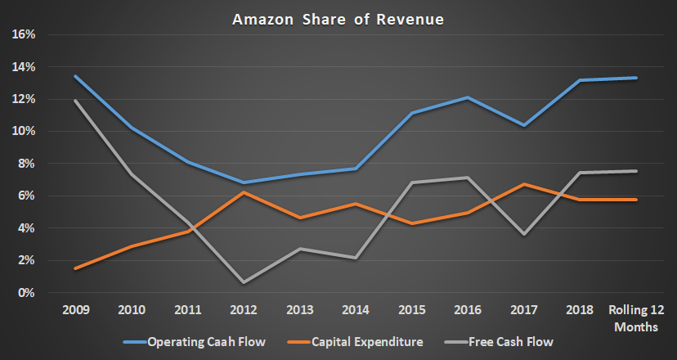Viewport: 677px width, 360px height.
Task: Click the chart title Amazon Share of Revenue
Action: [338, 18]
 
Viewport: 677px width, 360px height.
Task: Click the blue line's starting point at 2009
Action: [75, 76]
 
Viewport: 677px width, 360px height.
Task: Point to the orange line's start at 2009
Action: [75, 268]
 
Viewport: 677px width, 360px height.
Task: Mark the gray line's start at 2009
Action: [75, 101]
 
